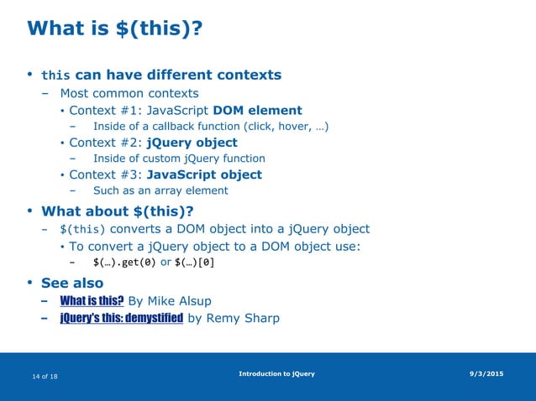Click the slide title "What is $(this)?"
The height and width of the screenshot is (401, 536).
pyautogui.click(x=115, y=29)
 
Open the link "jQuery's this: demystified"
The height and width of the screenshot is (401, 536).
pyautogui.click(x=122, y=318)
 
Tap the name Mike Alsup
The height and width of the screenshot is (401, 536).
pyautogui.click(x=189, y=301)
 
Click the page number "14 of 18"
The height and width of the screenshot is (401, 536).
pyautogui.click(x=45, y=378)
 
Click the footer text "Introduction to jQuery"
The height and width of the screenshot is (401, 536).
pyautogui.click(x=276, y=373)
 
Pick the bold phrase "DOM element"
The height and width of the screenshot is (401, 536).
pyautogui.click(x=257, y=110)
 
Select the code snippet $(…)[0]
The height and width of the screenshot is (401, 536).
pyautogui.click(x=194, y=263)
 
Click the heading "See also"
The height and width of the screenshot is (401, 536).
pyautogui.click(x=72, y=283)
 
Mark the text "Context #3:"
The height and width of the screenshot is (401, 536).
pyautogui.click(x=106, y=174)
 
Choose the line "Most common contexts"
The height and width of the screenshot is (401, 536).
pyautogui.click(x=129, y=93)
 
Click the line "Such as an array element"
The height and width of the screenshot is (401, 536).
pyautogui.click(x=160, y=190)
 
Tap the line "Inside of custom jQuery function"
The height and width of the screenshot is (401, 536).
pyautogui.click(x=179, y=158)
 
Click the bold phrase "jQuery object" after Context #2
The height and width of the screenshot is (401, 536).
pyautogui.click(x=192, y=142)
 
